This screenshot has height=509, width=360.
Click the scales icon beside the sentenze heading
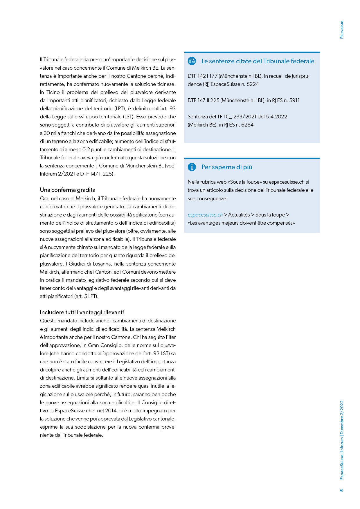(192, 61)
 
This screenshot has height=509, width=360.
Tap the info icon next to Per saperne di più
(192, 167)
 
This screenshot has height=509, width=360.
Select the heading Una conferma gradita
(68, 190)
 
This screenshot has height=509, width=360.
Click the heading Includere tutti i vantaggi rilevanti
(82, 312)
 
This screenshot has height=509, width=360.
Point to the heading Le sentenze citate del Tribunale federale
(258, 61)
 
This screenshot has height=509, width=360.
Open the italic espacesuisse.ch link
(205, 215)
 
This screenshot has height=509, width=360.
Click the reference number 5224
(253, 84)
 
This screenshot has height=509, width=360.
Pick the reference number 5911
(294, 100)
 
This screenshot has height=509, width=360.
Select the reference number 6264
(247, 125)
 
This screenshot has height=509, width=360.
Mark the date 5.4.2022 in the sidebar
(276, 117)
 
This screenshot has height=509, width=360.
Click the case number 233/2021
(245, 117)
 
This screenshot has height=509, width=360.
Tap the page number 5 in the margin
(342, 490)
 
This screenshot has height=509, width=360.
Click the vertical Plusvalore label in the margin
(342, 30)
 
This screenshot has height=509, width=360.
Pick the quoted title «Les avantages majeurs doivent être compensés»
(241, 223)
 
